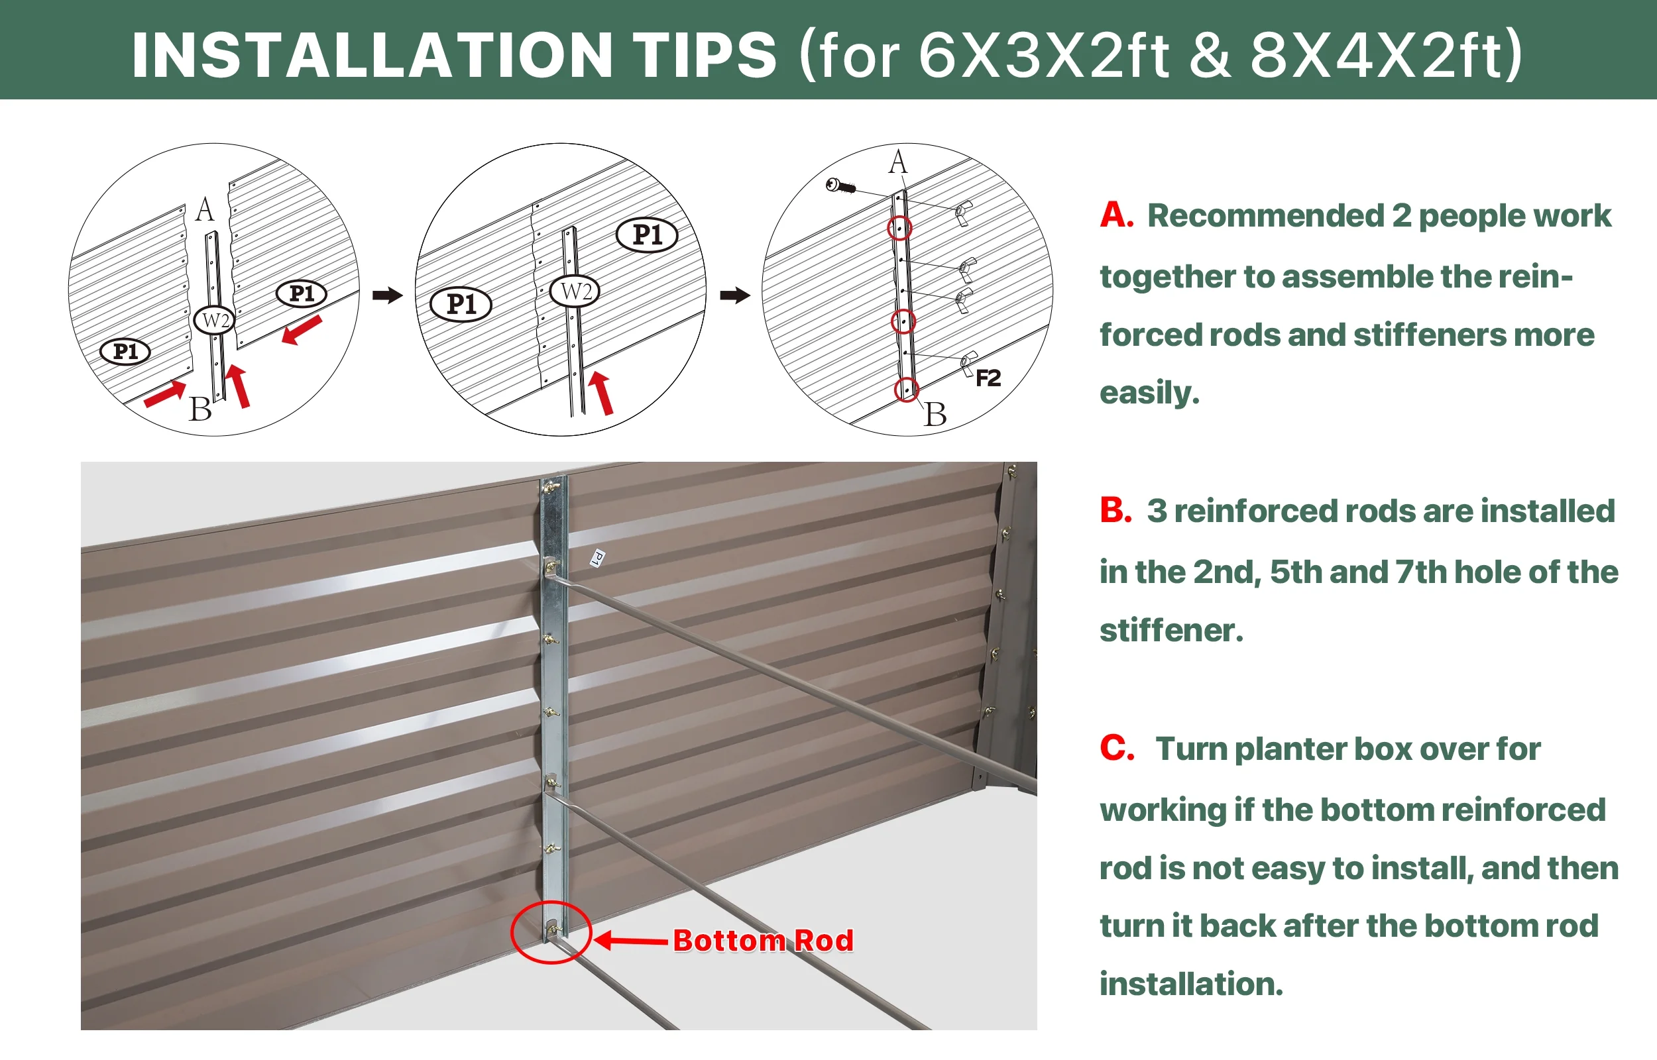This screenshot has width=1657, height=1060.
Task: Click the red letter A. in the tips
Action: [1117, 215]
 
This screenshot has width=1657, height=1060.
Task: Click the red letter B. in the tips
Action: [1116, 510]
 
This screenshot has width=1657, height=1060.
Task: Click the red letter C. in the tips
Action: [1117, 747]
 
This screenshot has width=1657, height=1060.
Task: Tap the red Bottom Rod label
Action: [763, 940]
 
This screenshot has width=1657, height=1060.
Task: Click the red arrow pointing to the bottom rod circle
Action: [630, 940]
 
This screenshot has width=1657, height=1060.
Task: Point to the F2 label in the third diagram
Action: [988, 378]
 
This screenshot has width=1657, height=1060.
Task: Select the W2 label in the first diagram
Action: [215, 320]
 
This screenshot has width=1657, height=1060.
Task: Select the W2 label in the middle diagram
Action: [575, 291]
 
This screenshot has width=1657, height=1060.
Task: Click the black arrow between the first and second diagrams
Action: [387, 295]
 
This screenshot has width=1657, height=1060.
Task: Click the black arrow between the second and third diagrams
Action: [734, 295]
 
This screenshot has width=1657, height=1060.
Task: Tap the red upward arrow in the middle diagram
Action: [601, 393]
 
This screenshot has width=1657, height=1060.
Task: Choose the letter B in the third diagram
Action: [935, 414]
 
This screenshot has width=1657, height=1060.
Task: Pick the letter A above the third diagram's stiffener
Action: [897, 162]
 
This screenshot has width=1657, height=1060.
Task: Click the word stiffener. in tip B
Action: [1171, 630]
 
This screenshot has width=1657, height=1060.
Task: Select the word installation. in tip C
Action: [1191, 984]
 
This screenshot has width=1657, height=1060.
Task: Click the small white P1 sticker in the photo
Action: [598, 557]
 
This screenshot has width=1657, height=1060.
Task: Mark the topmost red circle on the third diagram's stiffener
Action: [899, 228]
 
